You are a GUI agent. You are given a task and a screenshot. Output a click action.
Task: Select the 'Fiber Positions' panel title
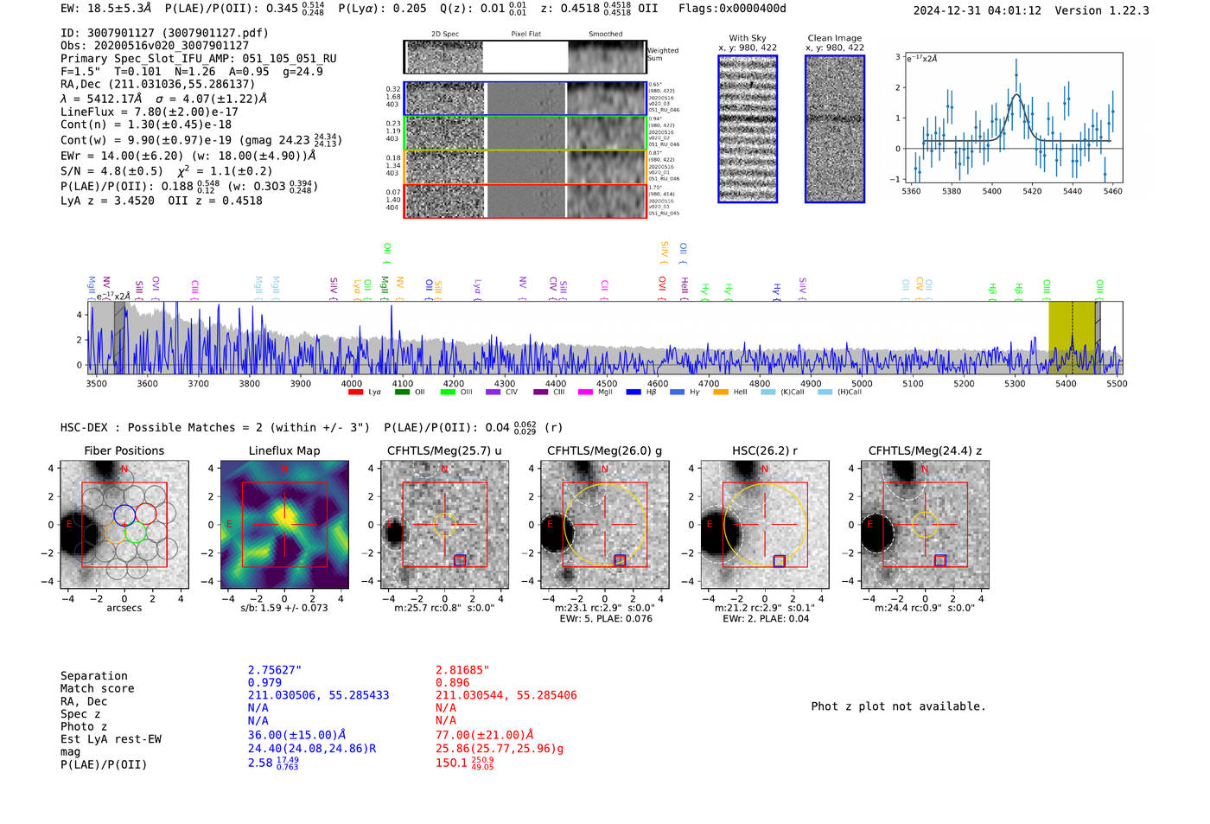(x=124, y=450)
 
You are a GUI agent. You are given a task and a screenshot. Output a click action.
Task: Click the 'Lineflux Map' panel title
(x=284, y=450)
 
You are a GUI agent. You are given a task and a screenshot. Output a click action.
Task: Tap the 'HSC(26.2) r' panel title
(x=764, y=450)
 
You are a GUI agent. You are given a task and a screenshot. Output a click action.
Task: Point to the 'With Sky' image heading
(x=748, y=38)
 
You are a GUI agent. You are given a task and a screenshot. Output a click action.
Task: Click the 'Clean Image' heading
(x=834, y=38)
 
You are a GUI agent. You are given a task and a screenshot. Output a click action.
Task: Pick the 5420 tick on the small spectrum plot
(x=1032, y=191)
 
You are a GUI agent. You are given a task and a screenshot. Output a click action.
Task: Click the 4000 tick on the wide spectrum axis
(x=352, y=384)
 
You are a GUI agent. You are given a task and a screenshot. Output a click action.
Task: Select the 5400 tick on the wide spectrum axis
(x=1066, y=384)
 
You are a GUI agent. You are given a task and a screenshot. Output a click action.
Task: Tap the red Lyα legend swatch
(x=355, y=393)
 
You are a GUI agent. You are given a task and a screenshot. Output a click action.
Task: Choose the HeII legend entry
(x=720, y=393)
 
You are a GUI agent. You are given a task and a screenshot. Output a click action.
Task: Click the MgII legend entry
(x=585, y=393)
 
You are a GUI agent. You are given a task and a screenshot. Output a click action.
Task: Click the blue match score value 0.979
(x=264, y=683)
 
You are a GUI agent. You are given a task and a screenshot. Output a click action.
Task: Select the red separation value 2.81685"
(x=462, y=670)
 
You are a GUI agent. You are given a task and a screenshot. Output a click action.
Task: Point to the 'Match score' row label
(x=98, y=689)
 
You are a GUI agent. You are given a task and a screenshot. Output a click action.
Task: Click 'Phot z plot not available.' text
(x=898, y=706)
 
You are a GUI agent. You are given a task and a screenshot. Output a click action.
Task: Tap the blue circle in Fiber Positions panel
(x=124, y=514)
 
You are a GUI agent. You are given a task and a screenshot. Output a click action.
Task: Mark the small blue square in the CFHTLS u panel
(x=460, y=560)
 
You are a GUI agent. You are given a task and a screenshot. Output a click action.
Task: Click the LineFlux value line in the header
(x=150, y=112)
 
